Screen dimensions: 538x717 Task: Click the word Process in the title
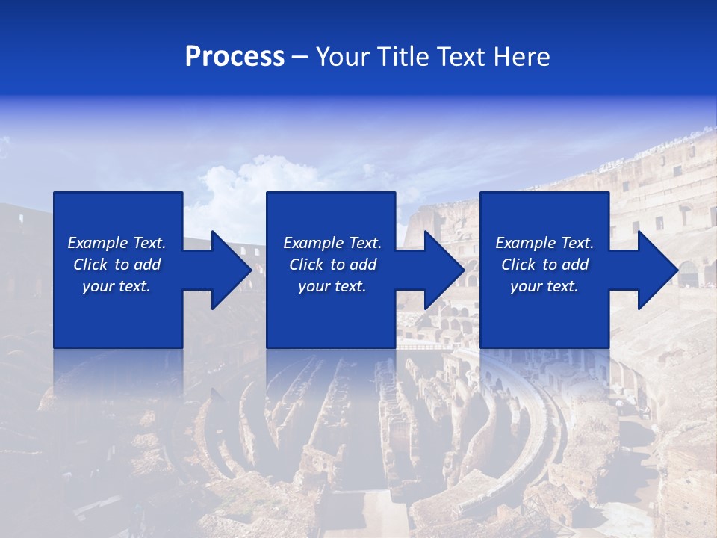[235, 57]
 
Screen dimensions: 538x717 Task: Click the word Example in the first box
[96, 243]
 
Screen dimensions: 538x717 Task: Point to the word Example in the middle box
[312, 243]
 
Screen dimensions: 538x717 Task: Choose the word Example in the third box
[524, 243]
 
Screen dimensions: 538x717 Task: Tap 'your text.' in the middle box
[332, 286]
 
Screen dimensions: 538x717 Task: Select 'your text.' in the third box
[544, 286]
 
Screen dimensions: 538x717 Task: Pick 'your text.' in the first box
[116, 286]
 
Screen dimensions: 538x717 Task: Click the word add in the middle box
[363, 265]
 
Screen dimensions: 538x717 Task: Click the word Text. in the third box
[574, 243]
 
